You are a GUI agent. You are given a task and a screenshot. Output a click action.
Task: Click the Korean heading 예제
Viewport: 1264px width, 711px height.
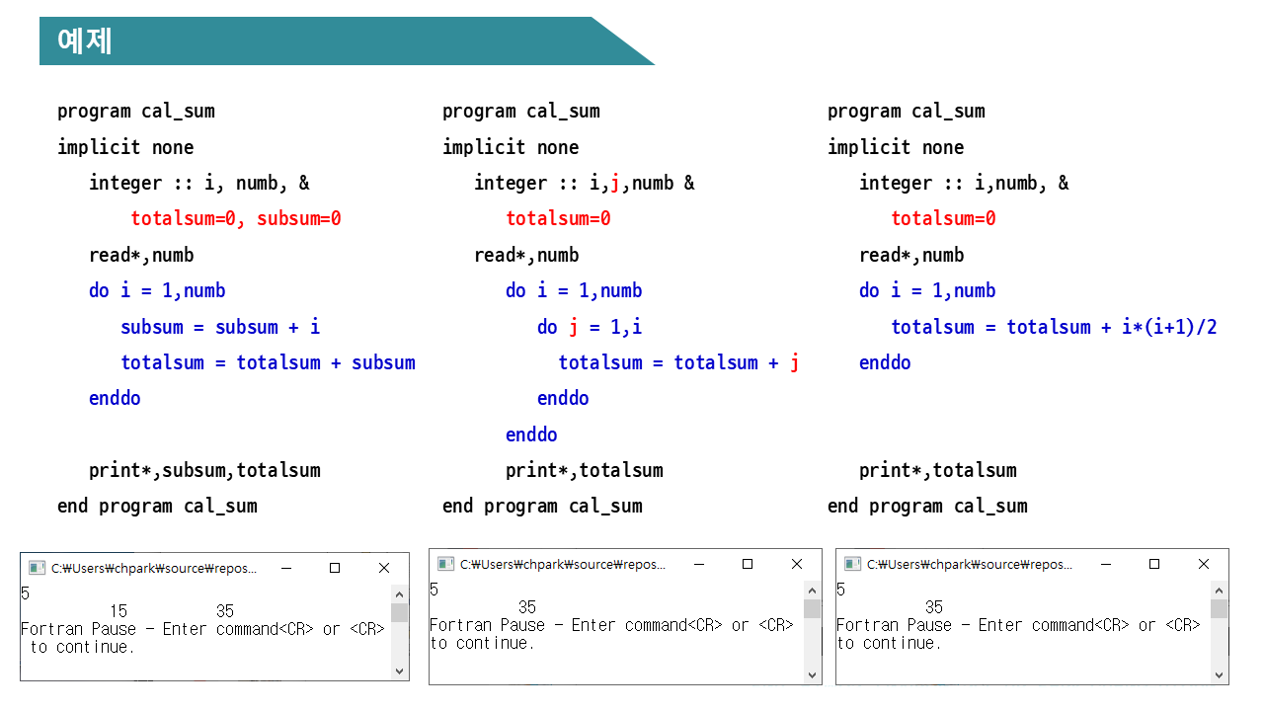85,41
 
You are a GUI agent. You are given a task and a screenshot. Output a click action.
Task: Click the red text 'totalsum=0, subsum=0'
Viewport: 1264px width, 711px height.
235,219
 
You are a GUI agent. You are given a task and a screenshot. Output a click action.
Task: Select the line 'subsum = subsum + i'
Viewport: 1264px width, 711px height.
220,327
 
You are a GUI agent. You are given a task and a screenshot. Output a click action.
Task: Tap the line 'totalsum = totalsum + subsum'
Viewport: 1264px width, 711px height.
268,362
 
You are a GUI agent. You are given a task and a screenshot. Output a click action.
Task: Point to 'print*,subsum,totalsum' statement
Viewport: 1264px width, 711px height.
204,470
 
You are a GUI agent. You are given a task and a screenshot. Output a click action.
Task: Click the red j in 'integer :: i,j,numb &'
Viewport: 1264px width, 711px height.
615,183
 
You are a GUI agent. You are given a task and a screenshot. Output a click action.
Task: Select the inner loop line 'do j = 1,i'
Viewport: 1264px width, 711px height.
590,327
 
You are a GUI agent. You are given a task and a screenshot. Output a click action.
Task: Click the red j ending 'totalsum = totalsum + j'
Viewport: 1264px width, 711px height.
795,362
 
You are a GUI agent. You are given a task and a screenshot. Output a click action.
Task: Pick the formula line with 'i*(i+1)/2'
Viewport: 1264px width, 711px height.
1054,327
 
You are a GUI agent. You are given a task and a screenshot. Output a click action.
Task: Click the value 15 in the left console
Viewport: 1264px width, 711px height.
118,611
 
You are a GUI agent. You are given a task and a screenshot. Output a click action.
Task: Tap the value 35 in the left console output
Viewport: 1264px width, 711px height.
224,611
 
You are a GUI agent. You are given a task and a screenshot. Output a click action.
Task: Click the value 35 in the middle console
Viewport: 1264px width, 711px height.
527,607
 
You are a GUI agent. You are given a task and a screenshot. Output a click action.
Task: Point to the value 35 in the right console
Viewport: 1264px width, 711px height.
934,607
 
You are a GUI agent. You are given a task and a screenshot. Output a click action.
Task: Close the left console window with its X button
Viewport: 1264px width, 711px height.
384,568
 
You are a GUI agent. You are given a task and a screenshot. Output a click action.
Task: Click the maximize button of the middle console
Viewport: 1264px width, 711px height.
748,564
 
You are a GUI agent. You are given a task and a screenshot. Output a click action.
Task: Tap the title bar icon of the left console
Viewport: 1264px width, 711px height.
37,568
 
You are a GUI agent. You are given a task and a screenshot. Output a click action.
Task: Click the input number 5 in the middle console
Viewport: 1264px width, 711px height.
434,590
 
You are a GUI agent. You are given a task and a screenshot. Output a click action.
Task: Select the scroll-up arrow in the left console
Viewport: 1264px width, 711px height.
399,593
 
